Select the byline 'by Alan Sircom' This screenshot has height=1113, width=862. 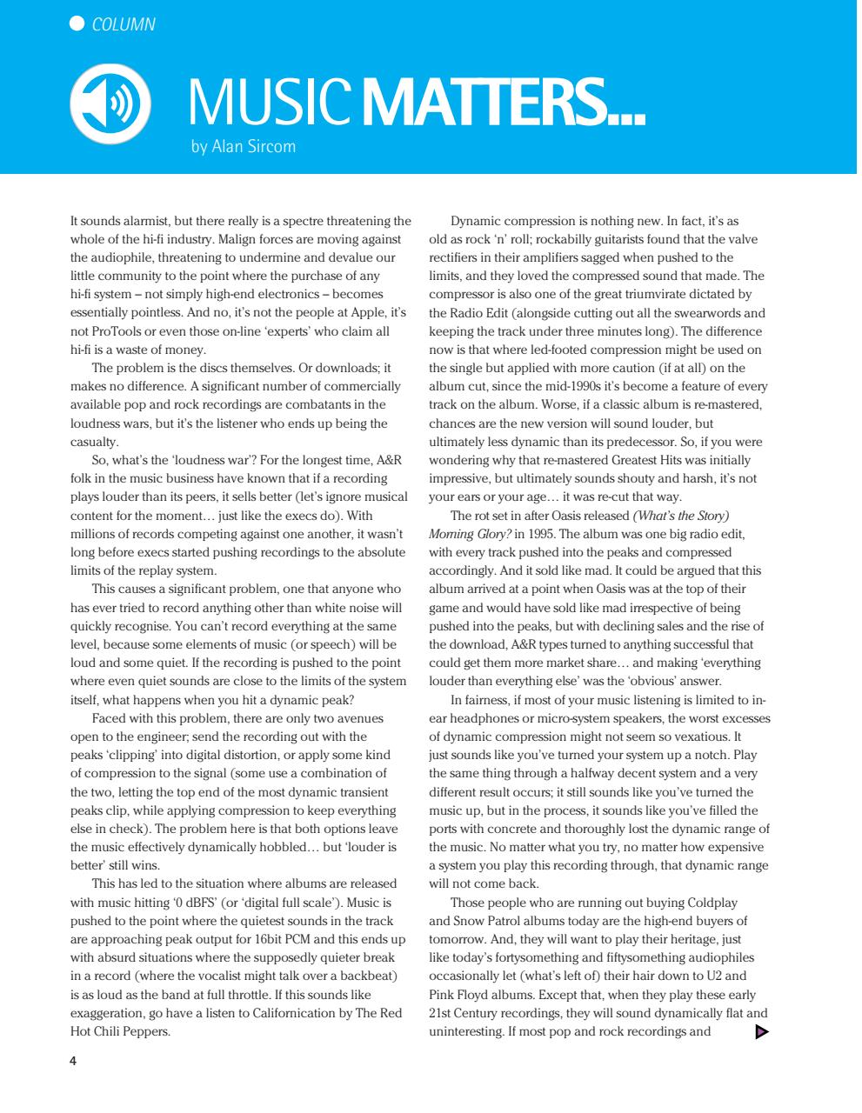(x=244, y=147)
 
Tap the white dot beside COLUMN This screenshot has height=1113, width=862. (x=77, y=23)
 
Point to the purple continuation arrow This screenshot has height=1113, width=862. (x=762, y=1031)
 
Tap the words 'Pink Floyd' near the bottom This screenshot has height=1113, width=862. (x=461, y=995)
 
